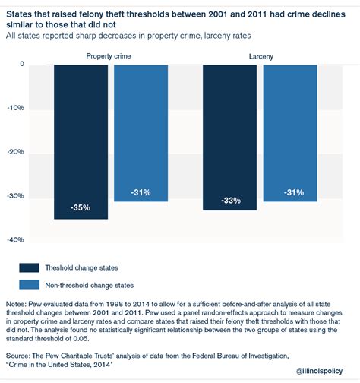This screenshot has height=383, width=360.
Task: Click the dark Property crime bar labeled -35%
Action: (x=81, y=142)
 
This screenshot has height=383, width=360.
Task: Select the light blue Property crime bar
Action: (x=141, y=133)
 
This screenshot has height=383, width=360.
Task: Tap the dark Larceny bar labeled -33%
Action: (x=229, y=138)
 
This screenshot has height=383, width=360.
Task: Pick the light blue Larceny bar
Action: (x=290, y=133)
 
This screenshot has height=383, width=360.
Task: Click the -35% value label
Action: (x=81, y=207)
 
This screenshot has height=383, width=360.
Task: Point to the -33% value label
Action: (x=231, y=201)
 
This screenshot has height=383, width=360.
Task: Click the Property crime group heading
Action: (x=109, y=56)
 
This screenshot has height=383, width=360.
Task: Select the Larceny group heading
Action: (x=261, y=56)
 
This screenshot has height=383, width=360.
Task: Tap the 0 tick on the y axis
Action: (x=22, y=64)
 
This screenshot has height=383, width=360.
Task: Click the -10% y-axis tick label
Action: (x=16, y=108)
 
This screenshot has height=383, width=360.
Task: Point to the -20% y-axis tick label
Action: (x=16, y=152)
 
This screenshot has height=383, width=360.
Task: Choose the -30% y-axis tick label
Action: (x=16, y=196)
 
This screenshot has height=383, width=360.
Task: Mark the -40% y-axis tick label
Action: (x=16, y=239)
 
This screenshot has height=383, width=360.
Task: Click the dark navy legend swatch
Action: (x=30, y=267)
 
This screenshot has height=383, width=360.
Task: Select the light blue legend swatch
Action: (x=30, y=284)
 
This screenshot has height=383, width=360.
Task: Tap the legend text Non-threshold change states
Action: (x=90, y=286)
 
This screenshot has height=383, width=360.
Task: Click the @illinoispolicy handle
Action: (x=319, y=371)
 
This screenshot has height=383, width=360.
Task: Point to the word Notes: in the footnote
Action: (x=16, y=304)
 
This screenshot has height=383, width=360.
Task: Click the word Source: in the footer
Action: (x=17, y=356)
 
